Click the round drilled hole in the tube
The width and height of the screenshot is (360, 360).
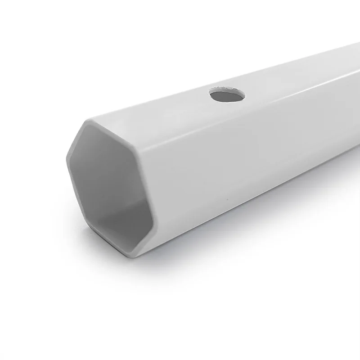(x=228, y=95)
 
